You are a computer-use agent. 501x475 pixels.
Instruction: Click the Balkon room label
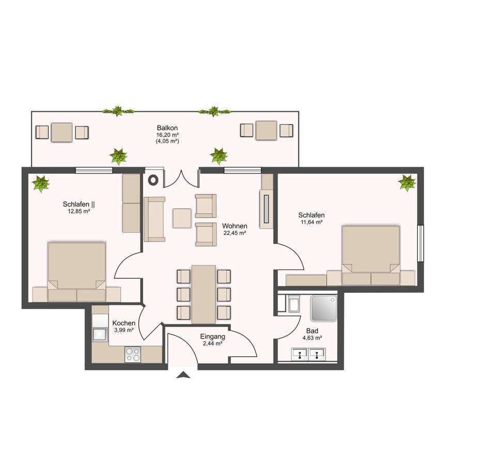pyautogui.click(x=167, y=128)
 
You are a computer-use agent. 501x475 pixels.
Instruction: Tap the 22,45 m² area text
pyautogui.click(x=234, y=233)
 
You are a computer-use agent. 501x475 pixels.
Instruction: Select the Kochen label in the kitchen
pyautogui.click(x=124, y=323)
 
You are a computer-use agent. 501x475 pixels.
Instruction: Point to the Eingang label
pyautogui.click(x=212, y=336)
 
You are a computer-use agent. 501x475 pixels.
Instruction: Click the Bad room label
pyautogui.click(x=312, y=331)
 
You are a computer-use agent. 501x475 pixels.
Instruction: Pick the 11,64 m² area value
pyautogui.click(x=311, y=222)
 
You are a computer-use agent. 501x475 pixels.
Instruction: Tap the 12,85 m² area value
pyautogui.click(x=79, y=211)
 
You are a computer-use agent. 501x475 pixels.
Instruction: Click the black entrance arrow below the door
pyautogui.click(x=183, y=375)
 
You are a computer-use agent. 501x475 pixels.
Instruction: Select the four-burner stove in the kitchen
pyautogui.click(x=133, y=354)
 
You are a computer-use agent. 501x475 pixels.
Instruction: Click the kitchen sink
pyautogui.click(x=99, y=334)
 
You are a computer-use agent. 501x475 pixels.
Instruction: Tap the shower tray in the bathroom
pyautogui.click(x=323, y=308)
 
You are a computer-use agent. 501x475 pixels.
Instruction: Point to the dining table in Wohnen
pyautogui.click(x=203, y=294)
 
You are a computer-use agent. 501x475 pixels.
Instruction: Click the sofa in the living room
pyautogui.click(x=154, y=219)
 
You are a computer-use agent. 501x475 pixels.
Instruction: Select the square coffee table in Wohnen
pyautogui.click(x=182, y=218)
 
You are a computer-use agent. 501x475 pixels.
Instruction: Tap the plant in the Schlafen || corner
pyautogui.click(x=40, y=183)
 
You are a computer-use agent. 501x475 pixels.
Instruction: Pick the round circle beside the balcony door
pyautogui.click(x=153, y=180)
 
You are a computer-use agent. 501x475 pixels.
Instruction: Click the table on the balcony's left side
pyautogui.click(x=62, y=132)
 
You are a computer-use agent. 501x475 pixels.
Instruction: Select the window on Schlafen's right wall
pyautogui.click(x=420, y=243)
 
